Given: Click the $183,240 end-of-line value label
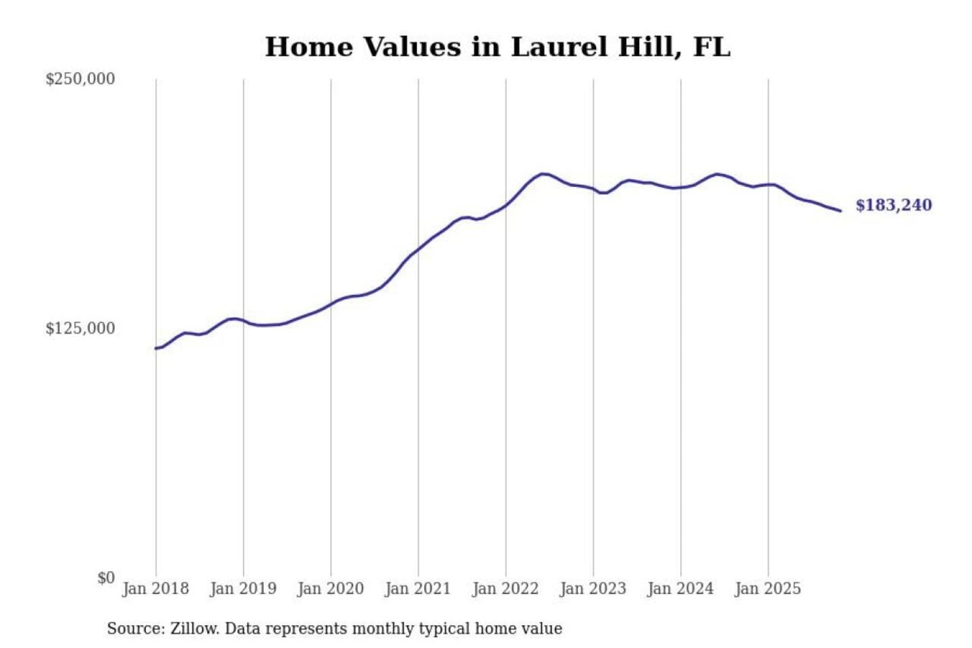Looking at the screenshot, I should click(x=893, y=205).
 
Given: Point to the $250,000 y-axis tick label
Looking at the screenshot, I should click(x=80, y=79).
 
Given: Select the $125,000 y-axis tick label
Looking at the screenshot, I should click(x=80, y=329).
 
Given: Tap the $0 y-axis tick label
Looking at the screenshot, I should click(x=106, y=578).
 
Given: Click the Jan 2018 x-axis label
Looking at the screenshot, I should click(x=155, y=589).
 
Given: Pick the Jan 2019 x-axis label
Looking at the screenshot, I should click(x=243, y=589).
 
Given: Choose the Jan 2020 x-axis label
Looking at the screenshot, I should click(x=331, y=589).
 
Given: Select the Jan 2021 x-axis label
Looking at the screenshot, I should click(x=418, y=589).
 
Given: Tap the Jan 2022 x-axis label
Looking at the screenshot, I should click(x=506, y=589).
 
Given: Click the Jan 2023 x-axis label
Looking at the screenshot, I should click(x=593, y=589).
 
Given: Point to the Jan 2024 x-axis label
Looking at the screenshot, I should click(x=680, y=589).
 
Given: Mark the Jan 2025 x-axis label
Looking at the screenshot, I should click(x=768, y=589).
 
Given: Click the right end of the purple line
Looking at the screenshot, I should click(x=840, y=211).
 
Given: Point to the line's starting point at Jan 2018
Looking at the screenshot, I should click(x=156, y=348).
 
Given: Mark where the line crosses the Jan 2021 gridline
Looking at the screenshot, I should click(x=418, y=250).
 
